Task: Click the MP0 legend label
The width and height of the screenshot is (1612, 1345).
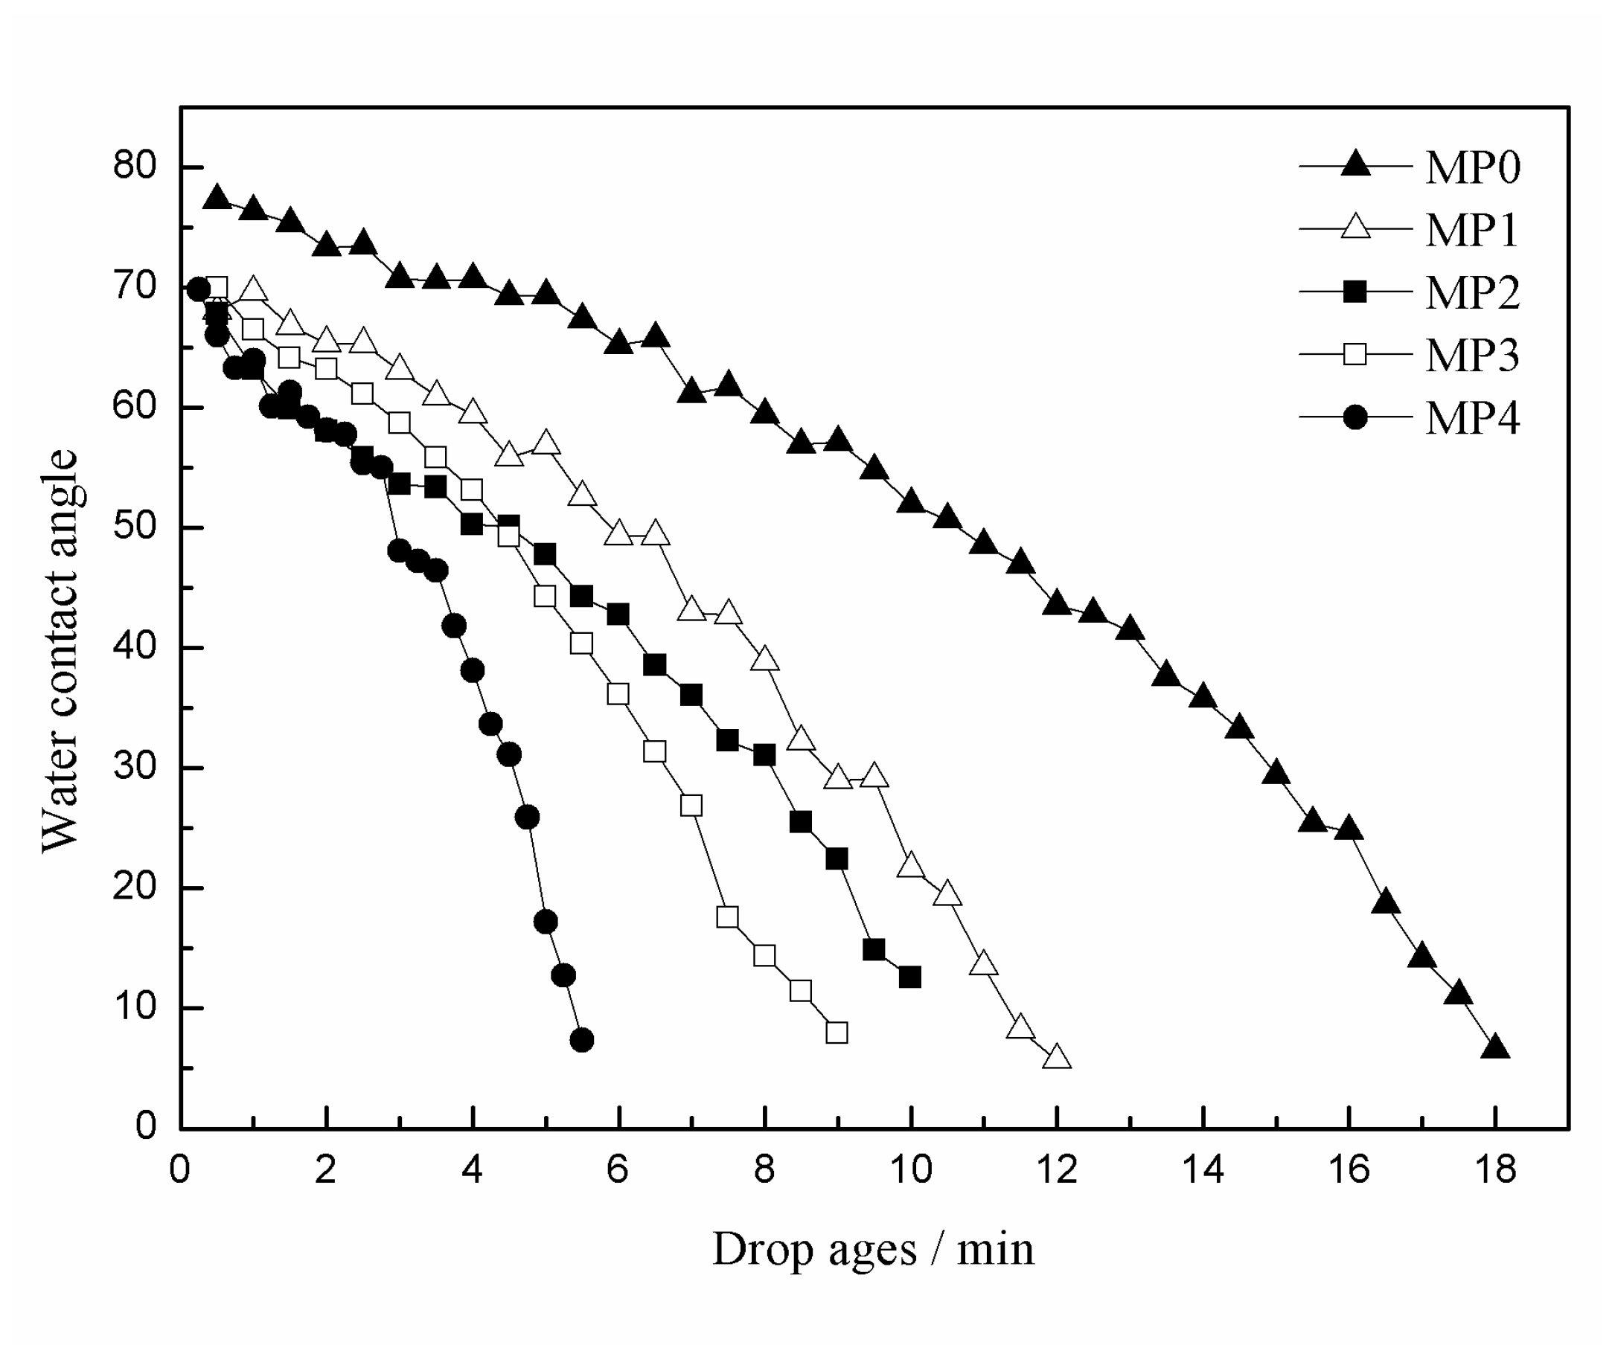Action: coord(1471,167)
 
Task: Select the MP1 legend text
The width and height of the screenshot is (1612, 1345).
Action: coord(1471,229)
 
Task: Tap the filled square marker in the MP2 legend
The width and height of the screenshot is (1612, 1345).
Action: coord(1356,292)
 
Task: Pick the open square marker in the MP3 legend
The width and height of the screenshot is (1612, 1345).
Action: coord(1356,354)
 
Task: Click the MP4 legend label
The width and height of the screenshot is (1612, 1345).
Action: coord(1471,418)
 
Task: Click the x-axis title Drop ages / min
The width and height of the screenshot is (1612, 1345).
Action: coord(873,1249)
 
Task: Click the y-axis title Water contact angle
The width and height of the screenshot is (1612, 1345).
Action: coord(60,651)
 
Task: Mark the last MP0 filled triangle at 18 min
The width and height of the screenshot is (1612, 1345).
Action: coord(1495,1048)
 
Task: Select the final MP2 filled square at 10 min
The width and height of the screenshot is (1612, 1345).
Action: coord(909,978)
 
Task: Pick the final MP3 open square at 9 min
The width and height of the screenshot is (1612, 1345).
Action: coord(837,1033)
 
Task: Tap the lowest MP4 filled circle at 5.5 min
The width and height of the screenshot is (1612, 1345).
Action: coord(582,1040)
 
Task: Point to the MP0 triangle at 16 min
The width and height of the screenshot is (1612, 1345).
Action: coord(1349,829)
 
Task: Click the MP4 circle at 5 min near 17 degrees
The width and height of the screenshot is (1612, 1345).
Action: coord(545,922)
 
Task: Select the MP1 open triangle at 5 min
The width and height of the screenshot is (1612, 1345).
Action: coord(546,443)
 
